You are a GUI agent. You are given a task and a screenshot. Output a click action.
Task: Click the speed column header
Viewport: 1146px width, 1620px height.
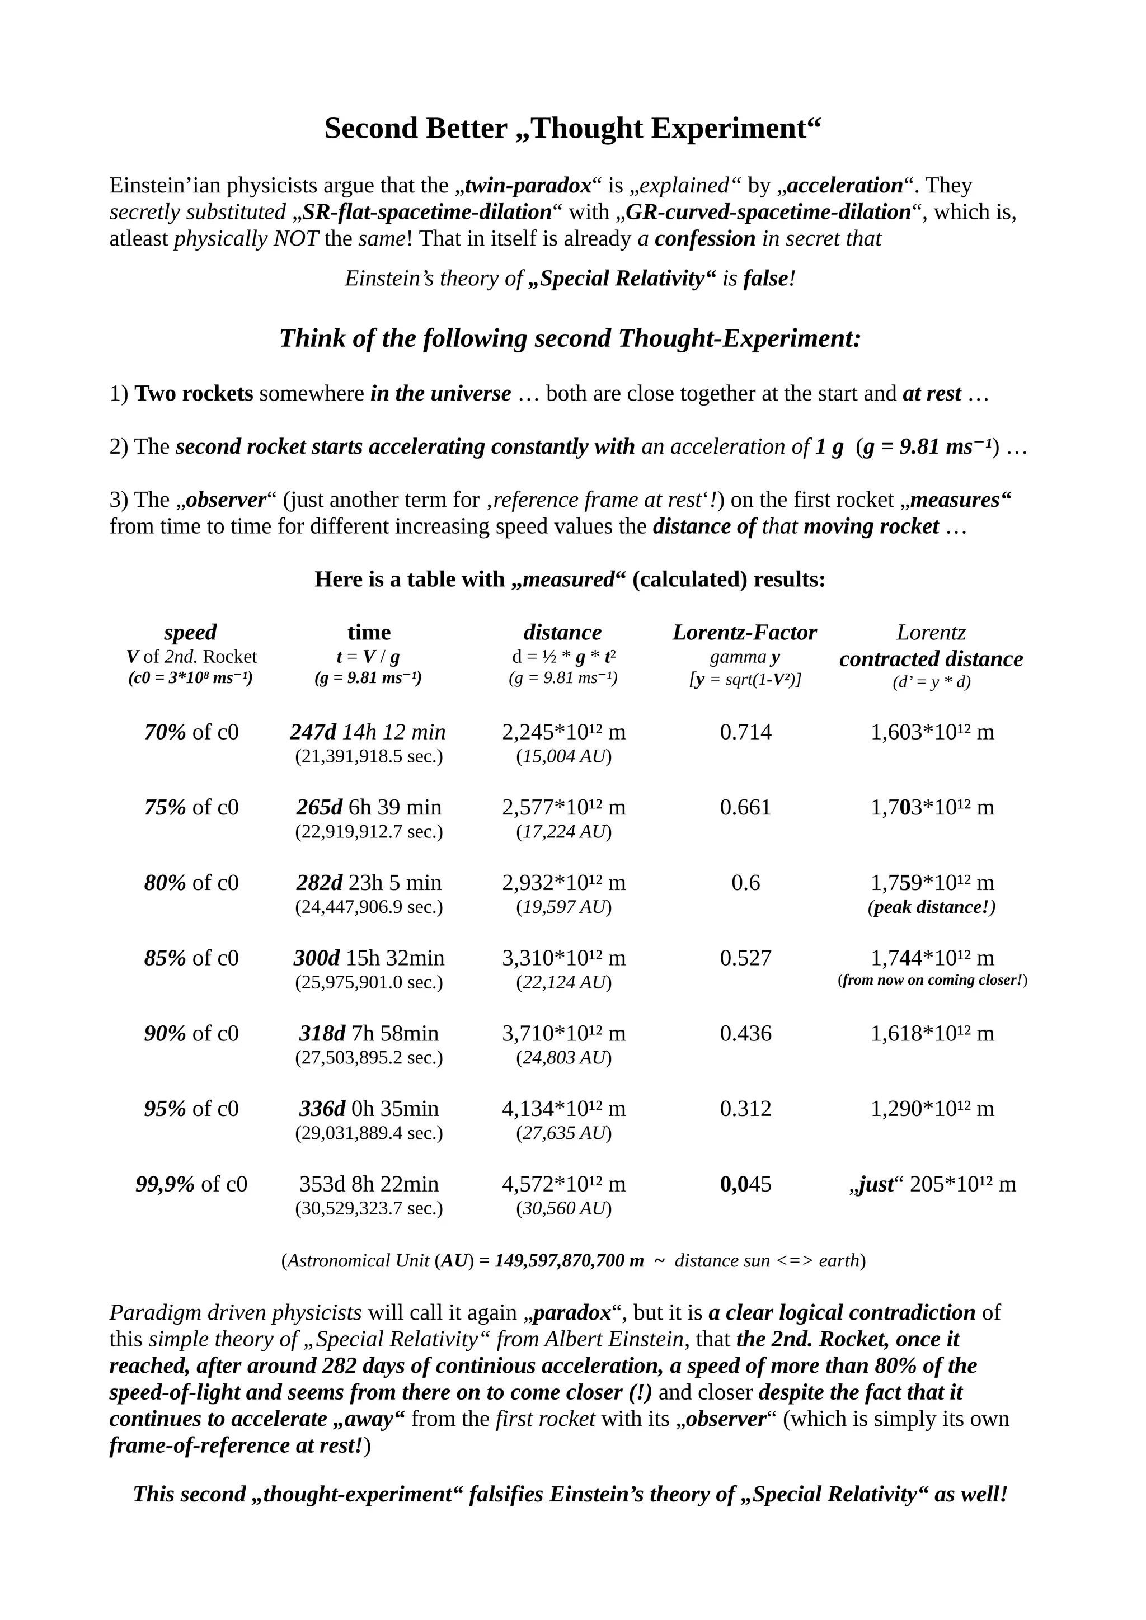coord(190,632)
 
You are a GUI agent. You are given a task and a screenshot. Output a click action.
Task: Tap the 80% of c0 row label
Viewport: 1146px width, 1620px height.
coord(191,883)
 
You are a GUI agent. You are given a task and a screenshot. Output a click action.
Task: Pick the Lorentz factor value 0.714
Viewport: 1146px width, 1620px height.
coord(745,732)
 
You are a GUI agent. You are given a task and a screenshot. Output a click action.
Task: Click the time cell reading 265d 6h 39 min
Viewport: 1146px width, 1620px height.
coord(368,807)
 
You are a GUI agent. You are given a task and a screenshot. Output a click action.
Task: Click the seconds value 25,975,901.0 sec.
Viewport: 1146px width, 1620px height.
coord(368,982)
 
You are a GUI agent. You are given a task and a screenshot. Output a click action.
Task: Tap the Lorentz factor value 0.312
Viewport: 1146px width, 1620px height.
coord(745,1109)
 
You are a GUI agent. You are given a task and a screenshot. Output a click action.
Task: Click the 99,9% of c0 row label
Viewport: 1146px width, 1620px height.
coord(191,1184)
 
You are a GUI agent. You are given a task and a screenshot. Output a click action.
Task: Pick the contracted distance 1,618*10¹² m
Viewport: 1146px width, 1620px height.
coord(932,1034)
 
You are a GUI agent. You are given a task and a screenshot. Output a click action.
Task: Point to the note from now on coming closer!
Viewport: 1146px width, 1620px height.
coord(932,980)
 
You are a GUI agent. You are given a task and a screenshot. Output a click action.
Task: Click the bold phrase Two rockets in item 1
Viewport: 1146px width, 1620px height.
coord(194,394)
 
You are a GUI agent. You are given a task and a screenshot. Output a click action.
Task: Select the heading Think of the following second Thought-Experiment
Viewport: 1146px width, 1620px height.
coord(570,338)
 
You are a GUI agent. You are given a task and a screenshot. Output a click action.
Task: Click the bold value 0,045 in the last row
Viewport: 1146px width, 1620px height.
coord(745,1184)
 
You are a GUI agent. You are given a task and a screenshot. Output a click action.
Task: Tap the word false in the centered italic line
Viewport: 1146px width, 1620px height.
coord(765,279)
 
